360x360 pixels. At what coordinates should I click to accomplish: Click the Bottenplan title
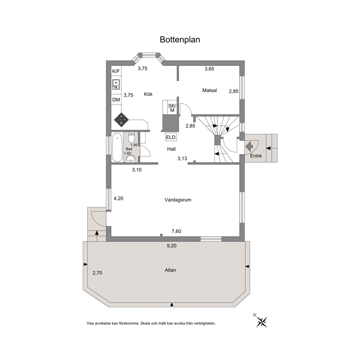coord(180,40)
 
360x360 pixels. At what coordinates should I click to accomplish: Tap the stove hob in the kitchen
coord(122,120)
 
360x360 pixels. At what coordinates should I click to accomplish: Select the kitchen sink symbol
coord(116,84)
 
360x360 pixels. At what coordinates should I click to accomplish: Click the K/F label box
coord(116,71)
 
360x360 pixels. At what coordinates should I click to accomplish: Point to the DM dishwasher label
coord(116,100)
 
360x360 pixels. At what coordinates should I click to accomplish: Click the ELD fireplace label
coord(171,137)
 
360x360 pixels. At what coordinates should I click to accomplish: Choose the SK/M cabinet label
coord(172,108)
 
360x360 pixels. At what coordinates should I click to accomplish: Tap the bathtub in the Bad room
coord(117,147)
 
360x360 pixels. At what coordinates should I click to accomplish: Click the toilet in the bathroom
coord(131,138)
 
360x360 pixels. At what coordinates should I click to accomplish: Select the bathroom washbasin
coord(131,159)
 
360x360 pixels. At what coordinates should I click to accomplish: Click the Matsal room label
coord(209,90)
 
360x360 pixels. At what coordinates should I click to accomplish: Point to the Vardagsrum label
coord(178,200)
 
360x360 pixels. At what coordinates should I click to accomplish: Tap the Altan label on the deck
coord(170,270)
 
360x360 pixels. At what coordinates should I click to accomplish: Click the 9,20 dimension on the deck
coord(172,246)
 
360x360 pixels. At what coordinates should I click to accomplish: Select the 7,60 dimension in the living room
coord(176,231)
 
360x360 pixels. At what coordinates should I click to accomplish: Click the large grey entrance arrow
coord(249,145)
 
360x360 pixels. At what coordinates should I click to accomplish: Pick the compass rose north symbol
coord(262,321)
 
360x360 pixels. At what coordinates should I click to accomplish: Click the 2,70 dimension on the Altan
coord(97,273)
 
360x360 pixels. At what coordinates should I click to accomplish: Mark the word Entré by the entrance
coord(256,156)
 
